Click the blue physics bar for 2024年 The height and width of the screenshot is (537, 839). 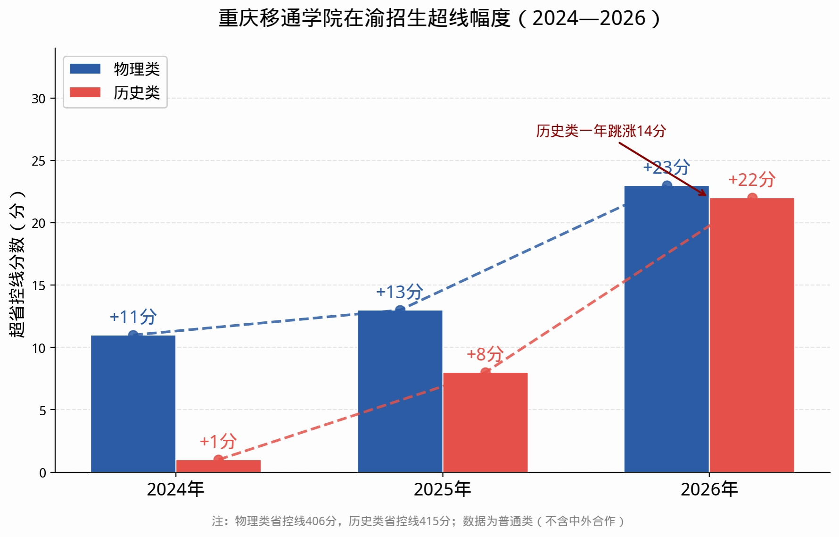(x=133, y=403)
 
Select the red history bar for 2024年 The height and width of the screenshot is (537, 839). (x=218, y=466)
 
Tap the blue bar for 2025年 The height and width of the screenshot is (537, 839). (x=400, y=391)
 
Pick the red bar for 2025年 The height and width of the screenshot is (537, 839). (x=485, y=422)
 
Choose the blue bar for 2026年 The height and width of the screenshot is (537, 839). (x=666, y=329)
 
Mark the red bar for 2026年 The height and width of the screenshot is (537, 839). (x=752, y=335)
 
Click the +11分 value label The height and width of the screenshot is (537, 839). (x=133, y=317)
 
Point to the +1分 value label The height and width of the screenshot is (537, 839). (x=218, y=441)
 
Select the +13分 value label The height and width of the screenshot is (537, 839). (x=400, y=292)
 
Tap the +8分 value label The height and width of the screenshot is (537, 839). (x=485, y=354)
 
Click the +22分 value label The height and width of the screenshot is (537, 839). (x=752, y=180)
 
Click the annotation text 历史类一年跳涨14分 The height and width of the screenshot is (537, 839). (x=601, y=131)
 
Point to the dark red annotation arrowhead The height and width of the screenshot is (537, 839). (x=703, y=193)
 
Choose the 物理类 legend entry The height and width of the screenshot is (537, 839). (x=115, y=69)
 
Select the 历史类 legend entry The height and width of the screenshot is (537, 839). (x=115, y=92)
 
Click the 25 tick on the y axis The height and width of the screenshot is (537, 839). (x=39, y=161)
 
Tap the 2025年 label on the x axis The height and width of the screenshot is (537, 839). (x=442, y=489)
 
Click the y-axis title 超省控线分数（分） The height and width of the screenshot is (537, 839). (x=17, y=264)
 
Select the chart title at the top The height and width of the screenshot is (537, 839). (x=440, y=18)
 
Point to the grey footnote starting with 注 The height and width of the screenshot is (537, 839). (x=419, y=521)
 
